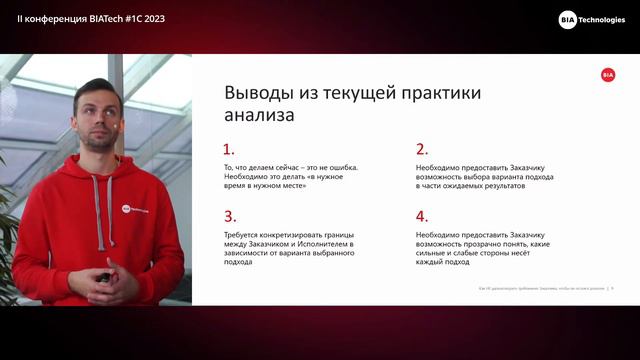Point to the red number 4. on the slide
(421, 215)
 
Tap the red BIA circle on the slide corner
(608, 74)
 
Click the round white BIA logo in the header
(567, 19)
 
